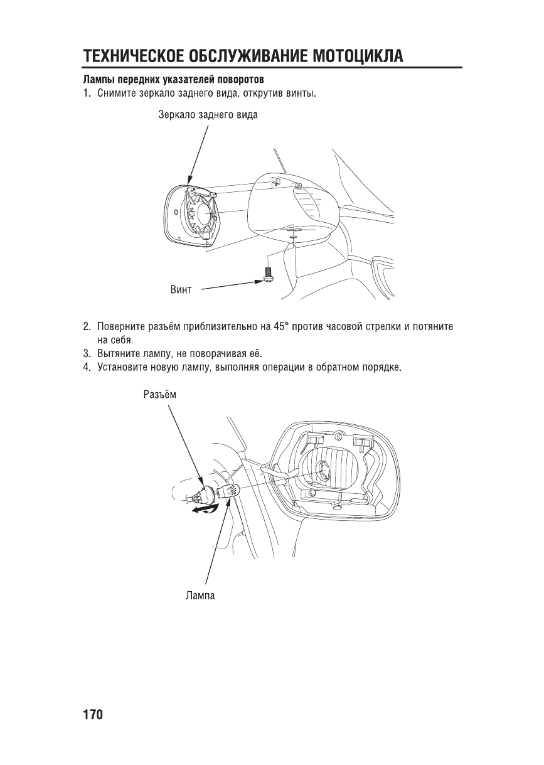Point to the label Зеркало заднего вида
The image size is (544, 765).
pos(208,115)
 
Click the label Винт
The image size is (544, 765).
pos(181,290)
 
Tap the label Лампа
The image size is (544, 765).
pos(200,595)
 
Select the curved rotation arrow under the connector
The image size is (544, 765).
pos(205,511)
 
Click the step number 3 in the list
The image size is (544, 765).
pos(86,353)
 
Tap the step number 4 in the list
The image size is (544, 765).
pos(86,366)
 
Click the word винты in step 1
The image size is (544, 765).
pos(301,94)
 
